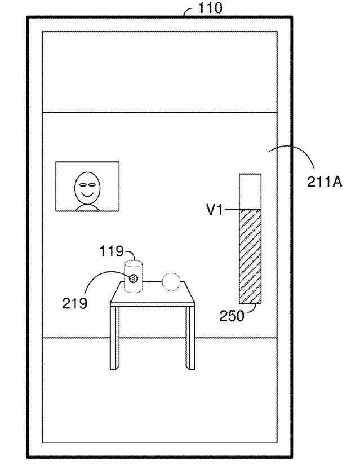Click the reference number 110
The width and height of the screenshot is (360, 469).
(210, 7)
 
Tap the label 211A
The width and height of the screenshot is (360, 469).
(325, 182)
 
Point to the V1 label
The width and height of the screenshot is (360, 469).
(215, 210)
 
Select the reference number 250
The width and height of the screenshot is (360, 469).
(232, 316)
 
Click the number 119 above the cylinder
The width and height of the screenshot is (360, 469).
(111, 251)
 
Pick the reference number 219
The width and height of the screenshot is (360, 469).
(74, 303)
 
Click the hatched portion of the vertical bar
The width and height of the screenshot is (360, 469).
(250, 256)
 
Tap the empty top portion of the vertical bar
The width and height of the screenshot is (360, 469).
(250, 192)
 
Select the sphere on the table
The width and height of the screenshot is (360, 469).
(171, 282)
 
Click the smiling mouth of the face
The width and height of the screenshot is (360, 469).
(87, 194)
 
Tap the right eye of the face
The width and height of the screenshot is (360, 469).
(92, 185)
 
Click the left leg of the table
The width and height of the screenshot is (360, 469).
(114, 338)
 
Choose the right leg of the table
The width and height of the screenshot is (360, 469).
(190, 338)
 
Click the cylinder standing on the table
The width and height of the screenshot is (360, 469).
(134, 276)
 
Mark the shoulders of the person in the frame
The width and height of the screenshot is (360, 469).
(87, 207)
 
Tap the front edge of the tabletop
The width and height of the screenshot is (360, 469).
(153, 304)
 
